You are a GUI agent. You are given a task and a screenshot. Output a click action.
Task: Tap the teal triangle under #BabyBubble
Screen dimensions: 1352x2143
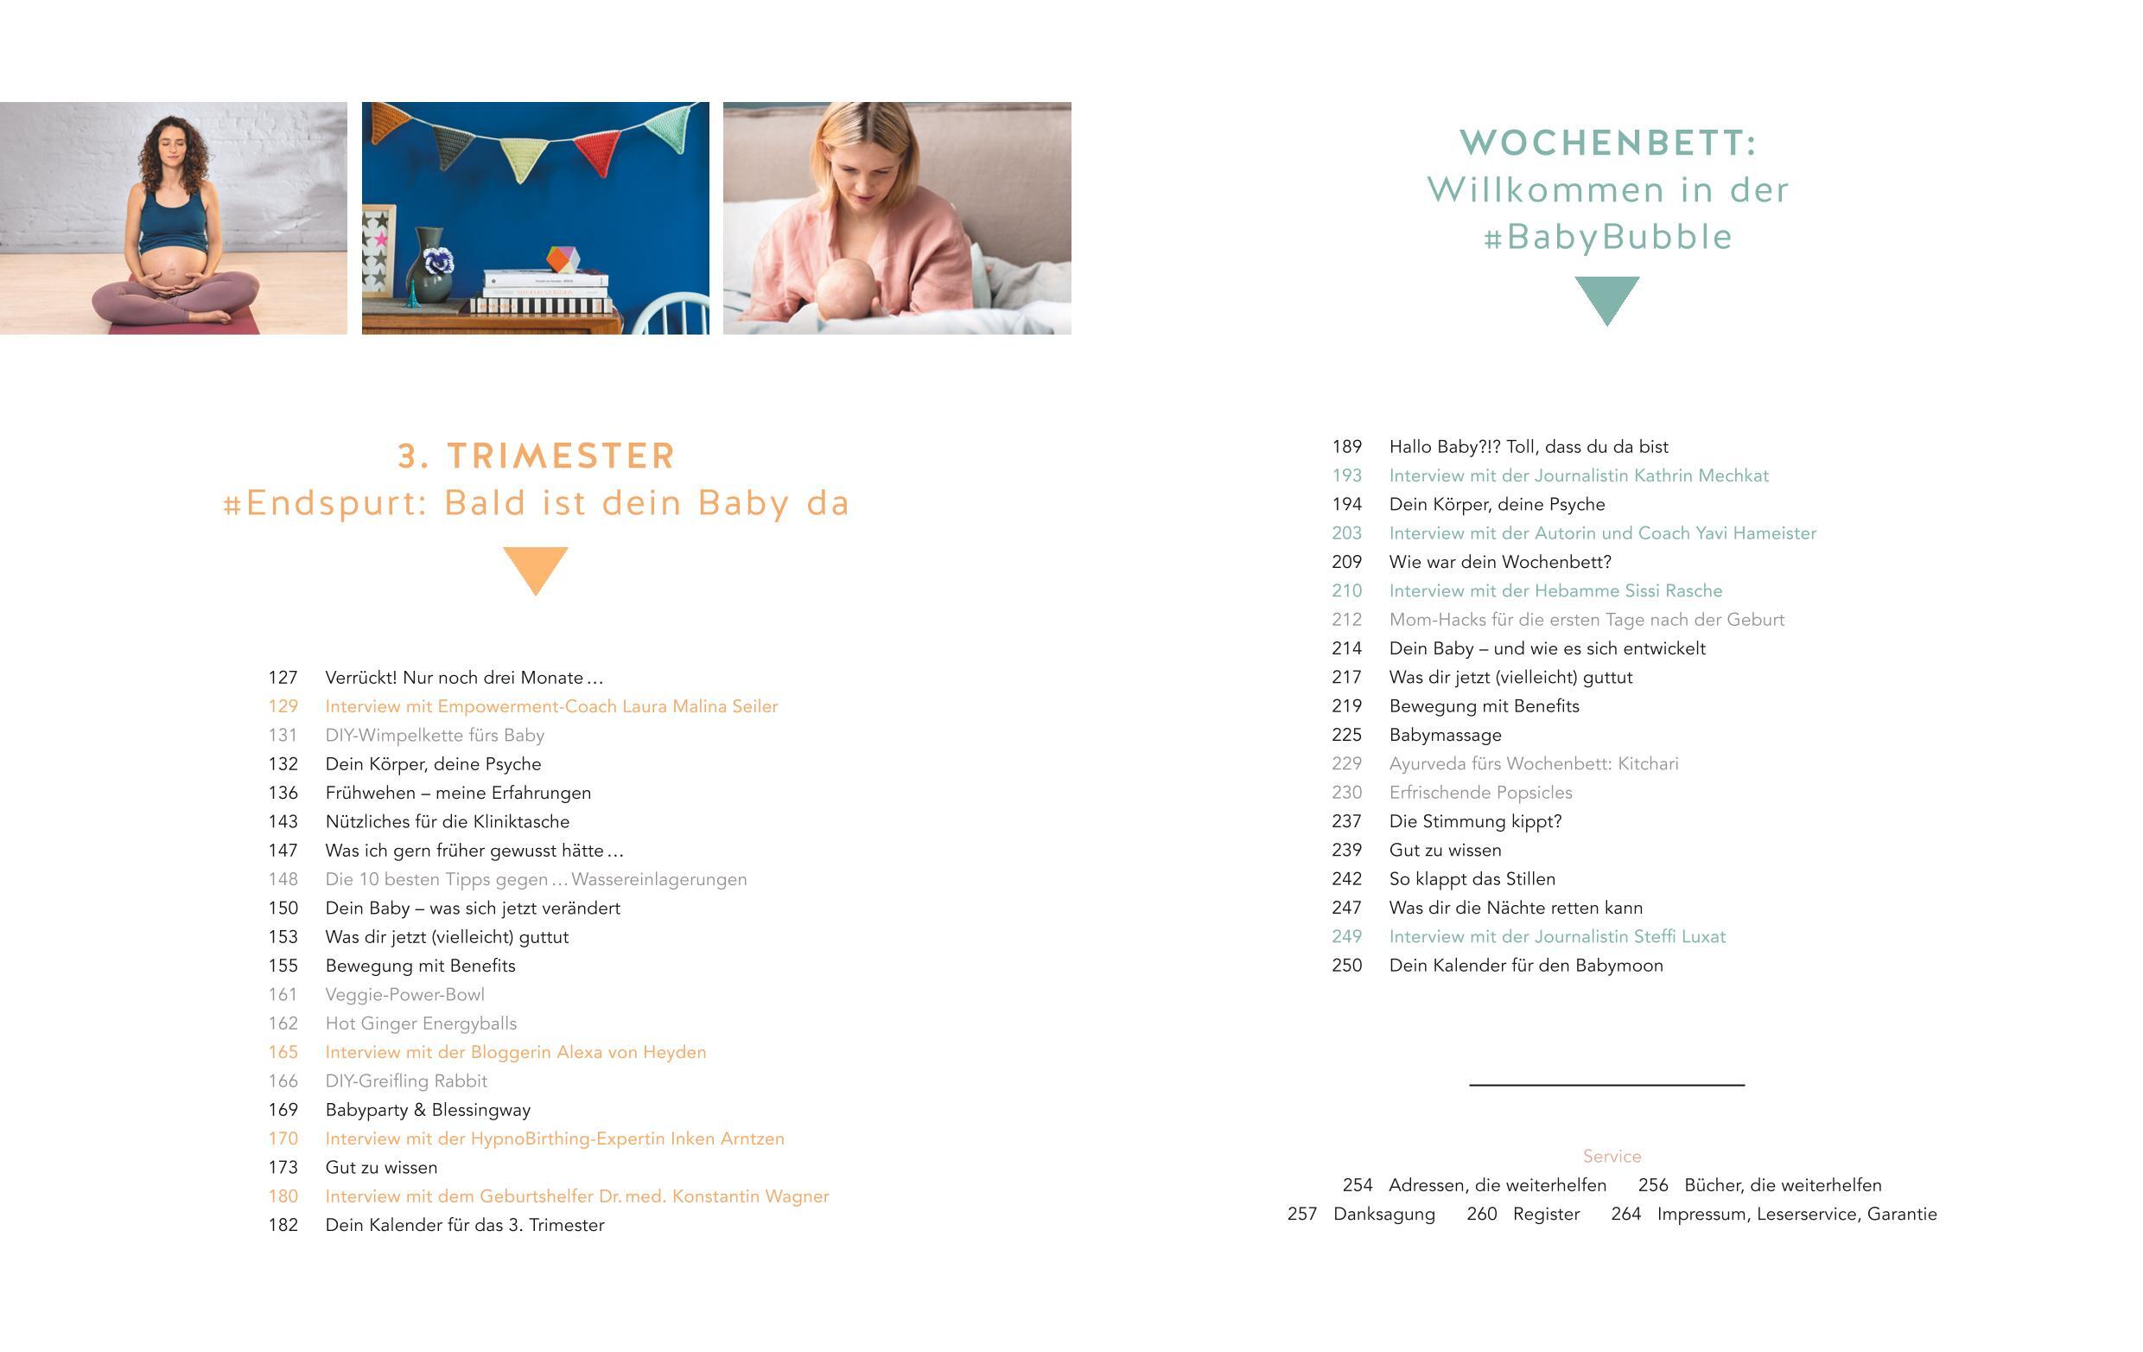(x=1606, y=297)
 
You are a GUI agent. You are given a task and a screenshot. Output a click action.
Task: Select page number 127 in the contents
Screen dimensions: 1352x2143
(x=283, y=678)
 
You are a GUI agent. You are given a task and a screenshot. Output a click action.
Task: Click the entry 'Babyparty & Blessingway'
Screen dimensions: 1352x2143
(x=427, y=1110)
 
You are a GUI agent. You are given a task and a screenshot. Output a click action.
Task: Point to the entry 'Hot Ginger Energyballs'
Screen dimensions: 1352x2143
(x=420, y=1024)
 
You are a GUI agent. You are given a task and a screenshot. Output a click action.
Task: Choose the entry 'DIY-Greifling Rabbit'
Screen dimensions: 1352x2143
(x=406, y=1081)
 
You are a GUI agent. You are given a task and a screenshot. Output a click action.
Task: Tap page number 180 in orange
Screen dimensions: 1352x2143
(x=283, y=1196)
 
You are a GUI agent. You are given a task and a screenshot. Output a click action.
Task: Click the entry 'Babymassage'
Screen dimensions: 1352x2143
(x=1445, y=735)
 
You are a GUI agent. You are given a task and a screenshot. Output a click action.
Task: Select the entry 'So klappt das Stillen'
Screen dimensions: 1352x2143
(x=1472, y=879)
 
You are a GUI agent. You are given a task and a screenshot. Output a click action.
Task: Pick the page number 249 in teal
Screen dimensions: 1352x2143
(x=1346, y=936)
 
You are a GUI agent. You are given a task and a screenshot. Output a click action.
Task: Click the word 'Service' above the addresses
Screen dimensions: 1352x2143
(x=1612, y=1156)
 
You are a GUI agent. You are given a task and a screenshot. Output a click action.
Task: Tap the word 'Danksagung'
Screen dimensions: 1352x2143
(x=1383, y=1214)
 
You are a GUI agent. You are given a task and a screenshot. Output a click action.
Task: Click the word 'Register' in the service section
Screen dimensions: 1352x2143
(x=1546, y=1214)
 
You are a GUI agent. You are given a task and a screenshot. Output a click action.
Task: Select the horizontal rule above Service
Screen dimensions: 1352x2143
(x=1606, y=1085)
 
